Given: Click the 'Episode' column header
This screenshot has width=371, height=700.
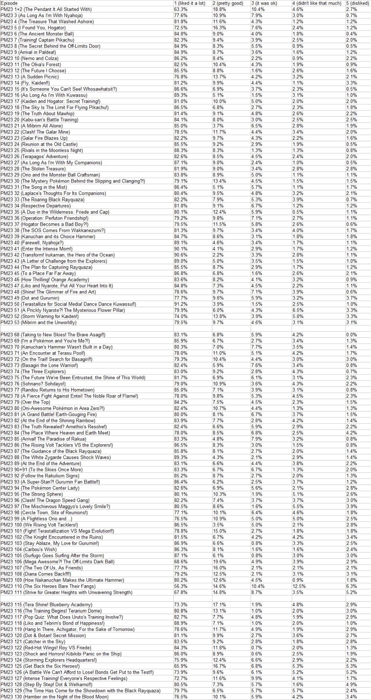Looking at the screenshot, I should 9,3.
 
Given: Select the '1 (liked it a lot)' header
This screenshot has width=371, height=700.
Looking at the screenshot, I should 190,3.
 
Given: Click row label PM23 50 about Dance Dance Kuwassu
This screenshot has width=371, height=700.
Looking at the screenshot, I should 68,304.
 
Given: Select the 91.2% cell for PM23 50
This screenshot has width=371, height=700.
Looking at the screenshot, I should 181,304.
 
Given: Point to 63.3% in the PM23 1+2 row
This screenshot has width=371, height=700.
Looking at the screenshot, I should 181,9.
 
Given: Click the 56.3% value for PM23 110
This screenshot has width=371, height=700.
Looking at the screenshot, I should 181,586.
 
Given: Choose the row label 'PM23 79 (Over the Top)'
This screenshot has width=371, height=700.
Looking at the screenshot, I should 25,402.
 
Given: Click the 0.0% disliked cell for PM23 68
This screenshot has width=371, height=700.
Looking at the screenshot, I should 351,335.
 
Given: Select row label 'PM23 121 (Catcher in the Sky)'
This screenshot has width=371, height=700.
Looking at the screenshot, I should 33,641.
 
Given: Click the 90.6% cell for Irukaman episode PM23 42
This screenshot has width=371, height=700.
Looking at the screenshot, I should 181,255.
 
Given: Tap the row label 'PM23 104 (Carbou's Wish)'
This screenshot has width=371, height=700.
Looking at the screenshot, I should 29,549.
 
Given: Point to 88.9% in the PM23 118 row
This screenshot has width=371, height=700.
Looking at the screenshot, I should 181,623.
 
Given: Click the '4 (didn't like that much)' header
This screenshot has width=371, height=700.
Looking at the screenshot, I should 317,3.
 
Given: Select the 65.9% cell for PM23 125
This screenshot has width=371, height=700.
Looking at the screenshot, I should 181,666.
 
